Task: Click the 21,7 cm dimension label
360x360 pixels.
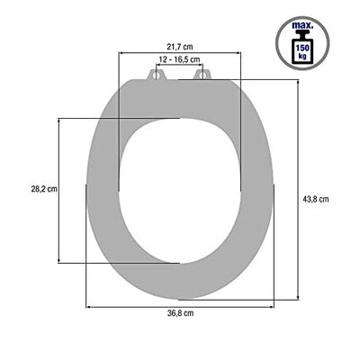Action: [181, 45]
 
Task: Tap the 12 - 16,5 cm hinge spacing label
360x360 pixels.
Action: [180, 58]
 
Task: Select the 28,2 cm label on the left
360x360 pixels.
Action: [43, 189]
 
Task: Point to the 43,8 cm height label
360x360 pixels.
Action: [317, 199]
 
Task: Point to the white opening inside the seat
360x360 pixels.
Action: [180, 189]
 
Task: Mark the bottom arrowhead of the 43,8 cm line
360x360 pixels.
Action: [296, 297]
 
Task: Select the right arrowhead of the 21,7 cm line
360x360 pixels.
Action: [240, 52]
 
